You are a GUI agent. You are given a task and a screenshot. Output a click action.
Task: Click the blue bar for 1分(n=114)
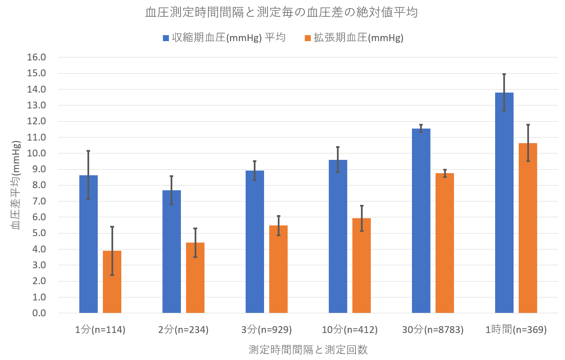click(88, 244)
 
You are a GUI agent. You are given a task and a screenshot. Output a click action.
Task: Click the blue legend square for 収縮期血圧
click(166, 38)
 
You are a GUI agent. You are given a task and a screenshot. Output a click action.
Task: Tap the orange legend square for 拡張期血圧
click(307, 38)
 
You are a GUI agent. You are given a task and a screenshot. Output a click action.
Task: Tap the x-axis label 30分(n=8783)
click(433, 330)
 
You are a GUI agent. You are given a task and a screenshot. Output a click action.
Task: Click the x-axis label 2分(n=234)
click(183, 330)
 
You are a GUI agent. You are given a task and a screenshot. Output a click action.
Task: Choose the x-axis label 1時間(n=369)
click(516, 330)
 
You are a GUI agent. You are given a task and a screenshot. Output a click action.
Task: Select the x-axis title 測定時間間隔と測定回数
click(308, 349)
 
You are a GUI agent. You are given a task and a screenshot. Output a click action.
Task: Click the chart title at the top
click(281, 13)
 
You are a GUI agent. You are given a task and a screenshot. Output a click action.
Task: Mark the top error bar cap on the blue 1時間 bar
click(504, 74)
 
